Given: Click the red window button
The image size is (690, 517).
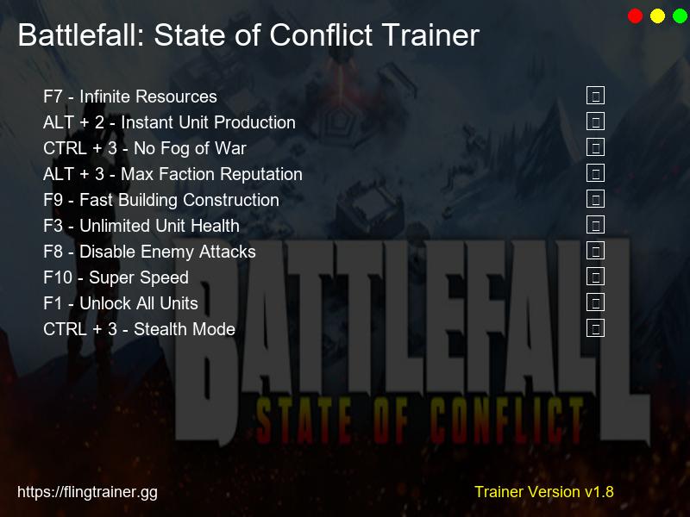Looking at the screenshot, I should tap(636, 16).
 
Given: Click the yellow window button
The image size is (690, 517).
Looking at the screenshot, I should tap(658, 16).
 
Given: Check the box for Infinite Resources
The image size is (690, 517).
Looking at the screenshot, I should tap(595, 96).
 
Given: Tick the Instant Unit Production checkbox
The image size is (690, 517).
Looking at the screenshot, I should tap(595, 121).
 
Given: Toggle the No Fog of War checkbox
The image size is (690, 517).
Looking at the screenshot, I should tap(595, 147).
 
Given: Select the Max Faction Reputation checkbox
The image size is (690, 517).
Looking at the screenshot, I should tap(595, 173).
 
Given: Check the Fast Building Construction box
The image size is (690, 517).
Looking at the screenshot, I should tap(595, 199).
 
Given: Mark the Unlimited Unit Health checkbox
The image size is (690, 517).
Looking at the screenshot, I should tap(595, 225).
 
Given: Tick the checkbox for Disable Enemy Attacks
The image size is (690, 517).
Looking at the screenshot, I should tap(595, 251).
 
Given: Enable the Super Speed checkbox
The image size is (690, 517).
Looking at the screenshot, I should tap(595, 277).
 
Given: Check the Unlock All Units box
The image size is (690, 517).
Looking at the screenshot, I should tap(595, 302).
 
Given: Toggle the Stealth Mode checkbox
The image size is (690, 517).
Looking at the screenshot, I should tap(595, 328).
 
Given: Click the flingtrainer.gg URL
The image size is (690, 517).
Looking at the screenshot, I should tap(87, 492).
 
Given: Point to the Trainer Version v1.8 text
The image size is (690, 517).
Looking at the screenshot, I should tap(543, 492).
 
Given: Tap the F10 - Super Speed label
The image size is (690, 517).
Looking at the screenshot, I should tap(116, 277).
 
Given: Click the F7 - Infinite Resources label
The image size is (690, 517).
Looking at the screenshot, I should tap(129, 97).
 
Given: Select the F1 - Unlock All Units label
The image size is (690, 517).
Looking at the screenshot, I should tap(121, 303).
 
